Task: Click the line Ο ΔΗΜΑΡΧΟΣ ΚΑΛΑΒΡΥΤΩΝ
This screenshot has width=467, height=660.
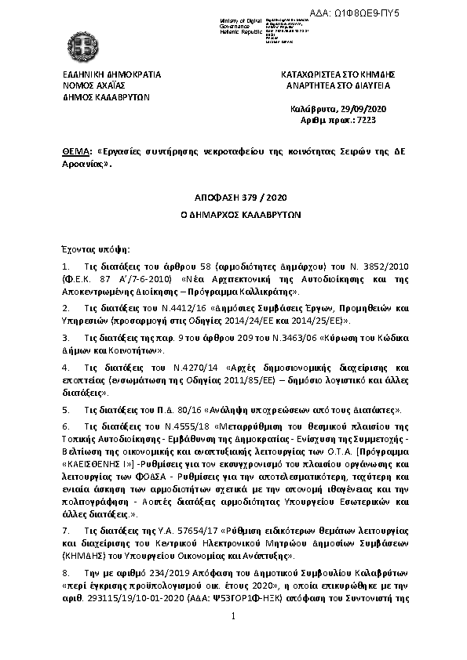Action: coord(234,213)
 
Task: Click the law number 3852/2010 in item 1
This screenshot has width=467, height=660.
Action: coord(383,267)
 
